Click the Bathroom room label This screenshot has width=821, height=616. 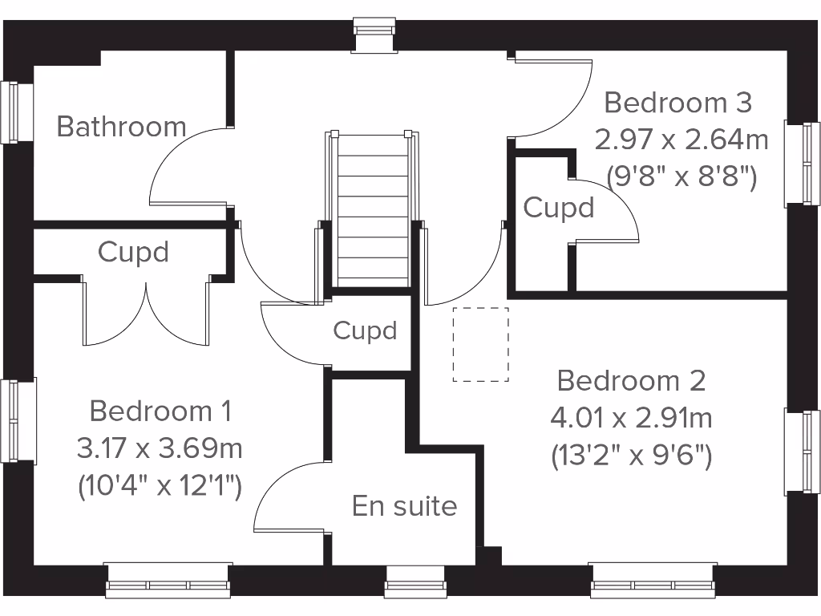coord(121,127)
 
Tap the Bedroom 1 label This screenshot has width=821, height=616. coord(160,411)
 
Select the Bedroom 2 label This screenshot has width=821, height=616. coord(631,380)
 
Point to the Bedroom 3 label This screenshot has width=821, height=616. coord(677,103)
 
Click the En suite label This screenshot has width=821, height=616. coord(404,506)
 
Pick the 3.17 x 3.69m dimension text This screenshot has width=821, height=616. coord(160,448)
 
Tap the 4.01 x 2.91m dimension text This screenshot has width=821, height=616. coord(631,418)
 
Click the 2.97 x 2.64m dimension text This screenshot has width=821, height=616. coord(681,140)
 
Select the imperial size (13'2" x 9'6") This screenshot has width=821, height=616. coord(631,456)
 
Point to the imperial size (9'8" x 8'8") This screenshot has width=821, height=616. coord(681,176)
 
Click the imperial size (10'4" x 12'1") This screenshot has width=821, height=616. coord(160,485)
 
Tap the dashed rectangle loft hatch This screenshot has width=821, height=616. coord(480,344)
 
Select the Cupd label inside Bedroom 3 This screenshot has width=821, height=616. coord(559,208)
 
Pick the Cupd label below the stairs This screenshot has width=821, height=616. coord(365,330)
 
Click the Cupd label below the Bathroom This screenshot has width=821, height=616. coord(133,252)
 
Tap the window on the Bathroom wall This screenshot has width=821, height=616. coord(11,112)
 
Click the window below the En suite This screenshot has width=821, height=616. coord(415,583)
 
